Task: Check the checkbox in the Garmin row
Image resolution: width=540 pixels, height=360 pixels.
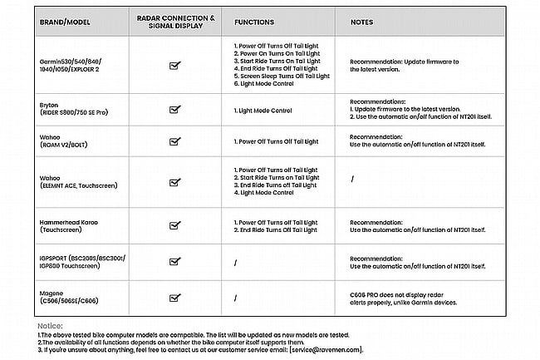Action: coord(174,65)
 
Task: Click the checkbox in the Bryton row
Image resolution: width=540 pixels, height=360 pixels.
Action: coord(174,109)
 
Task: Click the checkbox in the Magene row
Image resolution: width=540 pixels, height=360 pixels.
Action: coord(174,297)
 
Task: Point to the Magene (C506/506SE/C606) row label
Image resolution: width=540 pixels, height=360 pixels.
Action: coord(71,297)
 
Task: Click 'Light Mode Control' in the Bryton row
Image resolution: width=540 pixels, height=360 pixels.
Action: coord(263,109)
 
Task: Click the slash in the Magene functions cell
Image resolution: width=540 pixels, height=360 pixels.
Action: coord(236,297)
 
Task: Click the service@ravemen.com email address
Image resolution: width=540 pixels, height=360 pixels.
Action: coord(327,350)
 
